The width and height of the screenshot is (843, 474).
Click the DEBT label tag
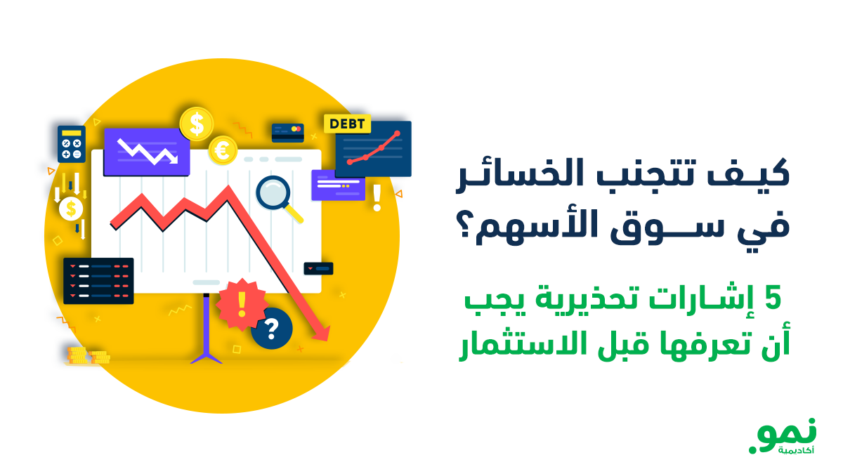tap(347, 124)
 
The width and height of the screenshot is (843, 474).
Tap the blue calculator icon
tap(71, 144)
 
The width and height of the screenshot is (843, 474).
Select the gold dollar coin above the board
tap(196, 124)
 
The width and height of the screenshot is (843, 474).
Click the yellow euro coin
tap(223, 150)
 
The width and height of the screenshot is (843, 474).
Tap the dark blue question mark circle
tap(272, 328)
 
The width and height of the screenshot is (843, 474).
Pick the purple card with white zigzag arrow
tap(146, 152)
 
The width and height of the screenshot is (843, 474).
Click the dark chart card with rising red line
tap(373, 149)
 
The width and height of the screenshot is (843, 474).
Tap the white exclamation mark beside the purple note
tap(377, 197)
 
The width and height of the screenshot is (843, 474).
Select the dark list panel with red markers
tap(98, 281)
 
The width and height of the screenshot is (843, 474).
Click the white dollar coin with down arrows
tap(71, 208)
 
